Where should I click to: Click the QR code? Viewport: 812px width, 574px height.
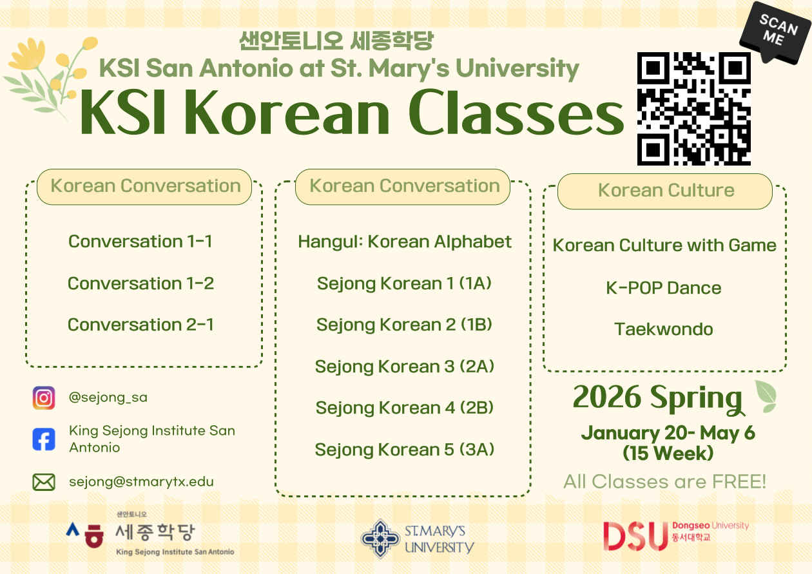694,108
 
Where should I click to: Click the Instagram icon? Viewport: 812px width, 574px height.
44,397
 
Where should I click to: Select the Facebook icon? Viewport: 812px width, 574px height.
44,439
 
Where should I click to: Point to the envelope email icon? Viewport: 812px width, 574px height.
44,482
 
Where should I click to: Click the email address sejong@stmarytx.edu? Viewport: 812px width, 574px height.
141,481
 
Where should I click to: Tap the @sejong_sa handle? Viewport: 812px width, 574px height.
108,397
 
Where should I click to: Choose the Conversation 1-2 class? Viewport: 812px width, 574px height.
140,283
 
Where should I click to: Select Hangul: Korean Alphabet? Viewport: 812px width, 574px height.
405,242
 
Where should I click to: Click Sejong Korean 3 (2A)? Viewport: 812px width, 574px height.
405,367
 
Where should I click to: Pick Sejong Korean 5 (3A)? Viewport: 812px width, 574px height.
405,450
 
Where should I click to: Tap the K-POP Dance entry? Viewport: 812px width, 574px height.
664,288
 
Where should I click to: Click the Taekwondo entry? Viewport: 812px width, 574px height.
664,329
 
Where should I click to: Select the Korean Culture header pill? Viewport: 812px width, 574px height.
665,191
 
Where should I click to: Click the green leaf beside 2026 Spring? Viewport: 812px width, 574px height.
766,396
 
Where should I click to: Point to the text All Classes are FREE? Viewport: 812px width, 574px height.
665,481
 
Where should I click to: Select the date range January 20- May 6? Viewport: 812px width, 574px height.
668,433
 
